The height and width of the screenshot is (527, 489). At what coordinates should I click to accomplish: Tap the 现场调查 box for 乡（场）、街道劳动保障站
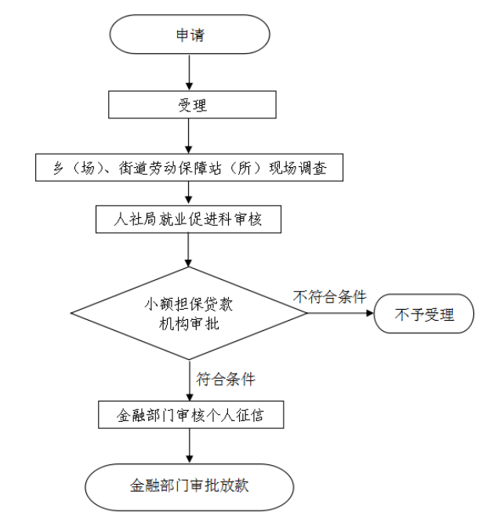coord(190,166)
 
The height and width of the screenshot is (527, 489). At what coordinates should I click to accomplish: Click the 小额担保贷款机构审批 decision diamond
coord(190,314)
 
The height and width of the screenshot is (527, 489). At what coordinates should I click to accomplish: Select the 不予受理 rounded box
coord(424,315)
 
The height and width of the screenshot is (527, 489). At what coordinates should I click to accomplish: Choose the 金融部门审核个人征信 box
coord(190,415)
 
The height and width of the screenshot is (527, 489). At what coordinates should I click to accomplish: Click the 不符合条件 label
coord(330,296)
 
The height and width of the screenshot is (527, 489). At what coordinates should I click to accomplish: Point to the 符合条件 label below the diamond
coord(226,379)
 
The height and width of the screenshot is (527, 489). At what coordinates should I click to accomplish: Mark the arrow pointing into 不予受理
coord(341,314)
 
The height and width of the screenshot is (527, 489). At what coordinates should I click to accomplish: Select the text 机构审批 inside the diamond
coord(190,323)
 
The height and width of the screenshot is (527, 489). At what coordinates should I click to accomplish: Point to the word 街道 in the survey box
coord(132,166)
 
